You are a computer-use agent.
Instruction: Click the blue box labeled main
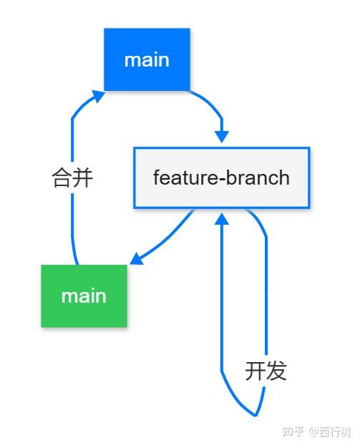coord(147,59)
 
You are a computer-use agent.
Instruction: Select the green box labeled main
coord(84,296)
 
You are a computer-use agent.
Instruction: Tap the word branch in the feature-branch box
coord(258,177)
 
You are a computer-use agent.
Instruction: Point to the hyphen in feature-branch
coord(222,178)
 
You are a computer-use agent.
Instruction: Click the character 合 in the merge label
coord(62,177)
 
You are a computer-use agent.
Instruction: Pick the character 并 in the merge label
coord(83,177)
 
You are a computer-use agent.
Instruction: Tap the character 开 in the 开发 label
coord(256,371)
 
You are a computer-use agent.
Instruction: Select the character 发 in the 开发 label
coord(276,371)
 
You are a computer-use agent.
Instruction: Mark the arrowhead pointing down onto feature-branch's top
coord(222,136)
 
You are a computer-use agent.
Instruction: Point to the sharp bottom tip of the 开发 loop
coord(255,414)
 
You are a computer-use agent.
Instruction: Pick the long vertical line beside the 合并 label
coord(72,215)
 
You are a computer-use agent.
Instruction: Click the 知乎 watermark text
coord(293,432)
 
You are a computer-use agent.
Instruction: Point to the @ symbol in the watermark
coord(313,432)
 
